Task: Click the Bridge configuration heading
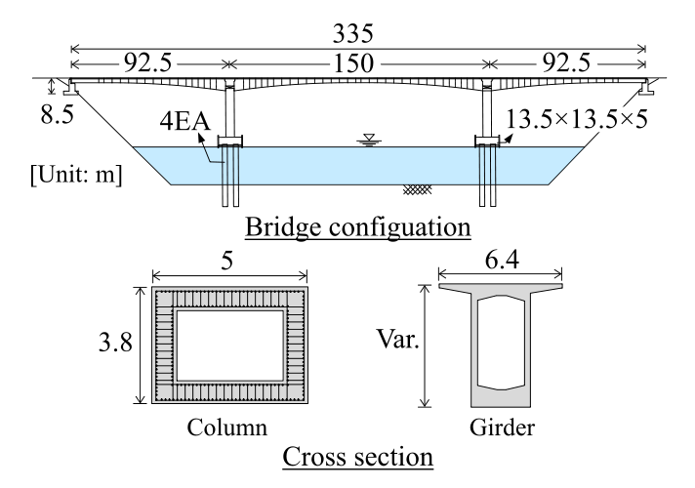point(357,228)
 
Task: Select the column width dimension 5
point(229,261)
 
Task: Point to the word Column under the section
point(230,427)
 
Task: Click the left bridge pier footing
point(232,142)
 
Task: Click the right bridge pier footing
point(487,142)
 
